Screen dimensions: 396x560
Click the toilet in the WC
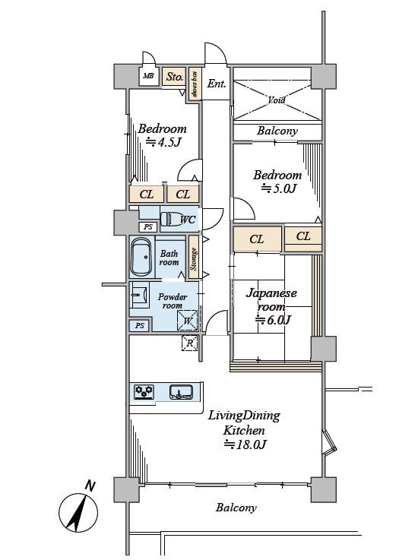click(169, 219)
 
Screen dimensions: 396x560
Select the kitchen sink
click(181, 392)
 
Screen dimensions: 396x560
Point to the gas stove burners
click(144, 391)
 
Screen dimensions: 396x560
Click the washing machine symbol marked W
click(188, 320)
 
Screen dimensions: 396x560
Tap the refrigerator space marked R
click(190, 343)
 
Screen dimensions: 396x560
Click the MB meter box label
click(148, 76)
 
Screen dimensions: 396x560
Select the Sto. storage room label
click(175, 77)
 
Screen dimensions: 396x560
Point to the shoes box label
click(195, 84)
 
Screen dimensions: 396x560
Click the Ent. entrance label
click(217, 84)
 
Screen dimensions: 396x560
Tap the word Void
click(277, 100)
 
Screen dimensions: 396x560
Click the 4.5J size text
click(164, 142)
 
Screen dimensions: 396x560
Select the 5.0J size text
click(279, 188)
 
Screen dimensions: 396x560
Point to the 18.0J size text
click(246, 445)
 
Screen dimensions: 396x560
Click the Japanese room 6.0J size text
click(274, 320)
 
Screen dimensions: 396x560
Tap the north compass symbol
click(78, 513)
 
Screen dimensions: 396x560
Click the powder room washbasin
click(139, 295)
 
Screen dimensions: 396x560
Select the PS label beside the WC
click(148, 226)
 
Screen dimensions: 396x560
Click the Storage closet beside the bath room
click(194, 258)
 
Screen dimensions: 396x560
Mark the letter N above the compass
click(90, 486)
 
